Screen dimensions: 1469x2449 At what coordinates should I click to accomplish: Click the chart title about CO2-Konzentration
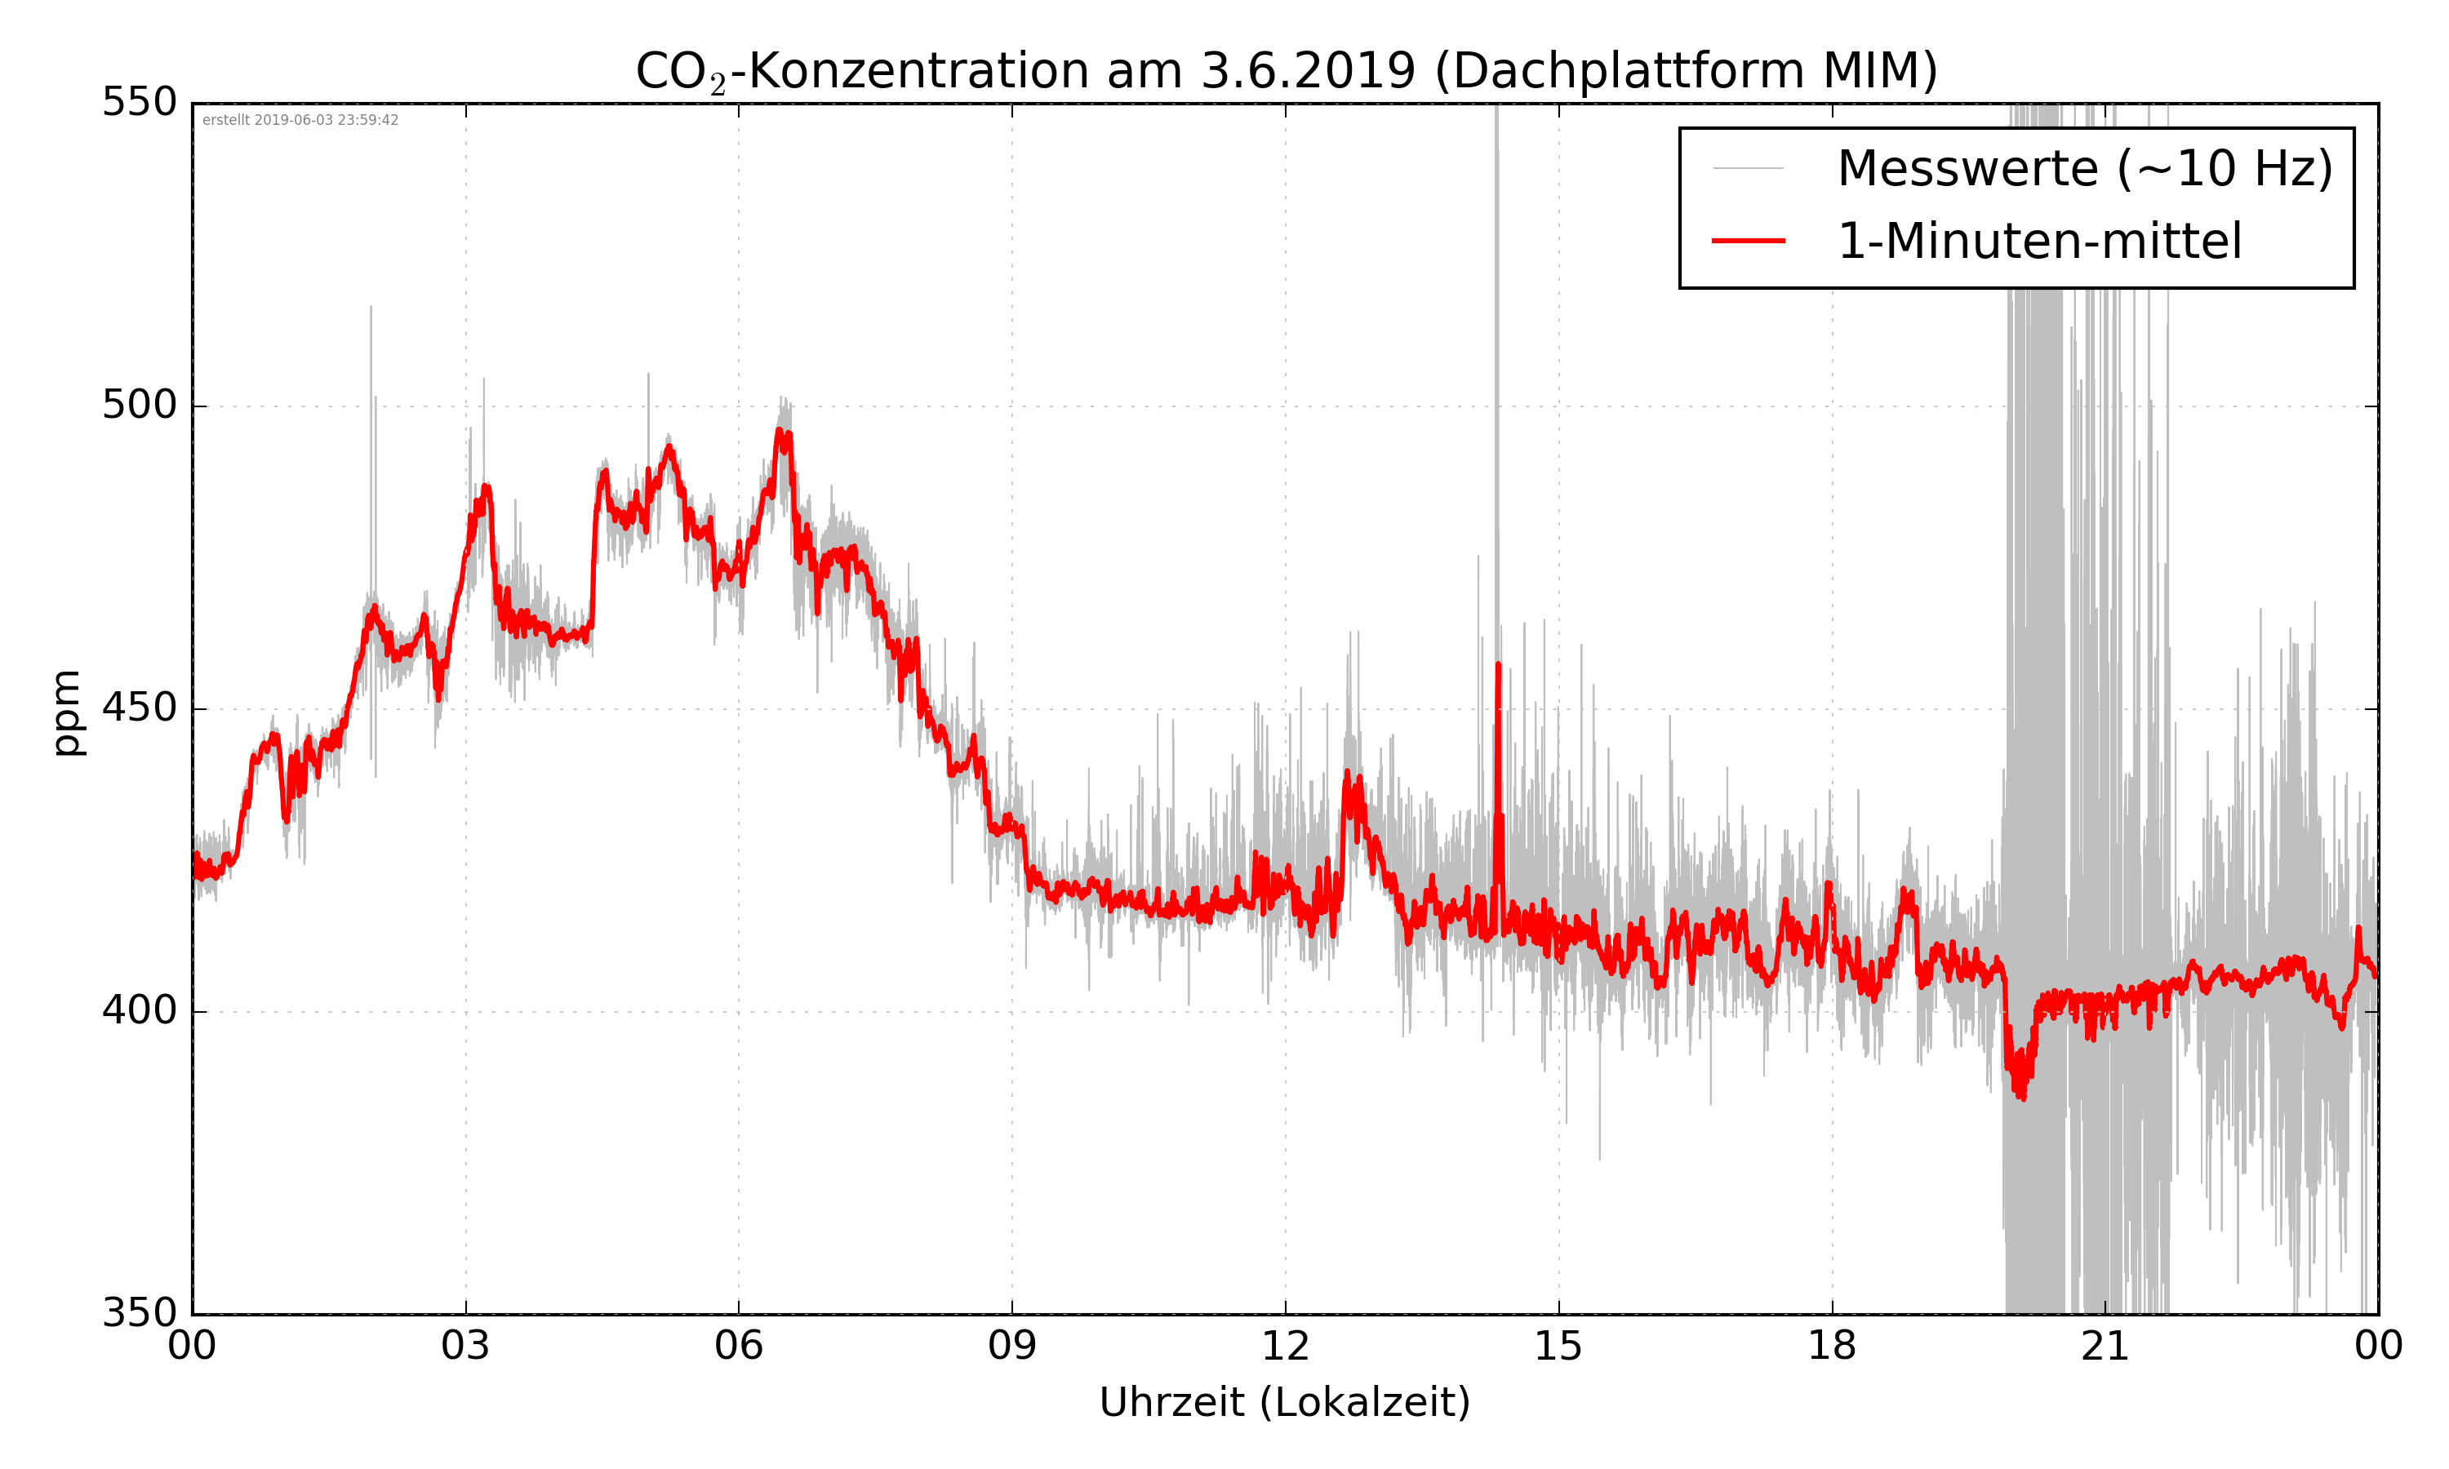click(1286, 71)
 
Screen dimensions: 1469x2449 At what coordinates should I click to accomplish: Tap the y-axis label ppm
click(66, 712)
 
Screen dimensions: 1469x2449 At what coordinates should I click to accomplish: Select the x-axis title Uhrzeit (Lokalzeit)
click(1285, 1402)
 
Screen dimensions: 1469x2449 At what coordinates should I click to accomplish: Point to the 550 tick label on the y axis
click(140, 102)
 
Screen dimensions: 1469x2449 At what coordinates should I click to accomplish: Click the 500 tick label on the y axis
click(140, 405)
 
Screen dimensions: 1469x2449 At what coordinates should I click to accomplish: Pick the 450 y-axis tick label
click(140, 708)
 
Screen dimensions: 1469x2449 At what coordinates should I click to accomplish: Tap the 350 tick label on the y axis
click(140, 1314)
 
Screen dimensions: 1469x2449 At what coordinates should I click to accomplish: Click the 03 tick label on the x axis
click(465, 1347)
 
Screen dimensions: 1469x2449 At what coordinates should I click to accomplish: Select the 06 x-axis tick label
click(739, 1347)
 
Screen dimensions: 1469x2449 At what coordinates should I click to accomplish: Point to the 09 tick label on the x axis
click(1011, 1347)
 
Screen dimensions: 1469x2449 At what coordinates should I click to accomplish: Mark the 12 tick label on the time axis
click(1285, 1347)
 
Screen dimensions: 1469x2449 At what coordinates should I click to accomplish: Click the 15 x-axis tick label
click(1558, 1347)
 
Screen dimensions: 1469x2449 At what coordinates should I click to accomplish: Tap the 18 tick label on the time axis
click(1831, 1347)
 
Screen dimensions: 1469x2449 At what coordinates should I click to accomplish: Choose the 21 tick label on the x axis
click(2105, 1347)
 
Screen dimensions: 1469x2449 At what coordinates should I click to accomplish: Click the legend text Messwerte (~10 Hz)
click(2085, 168)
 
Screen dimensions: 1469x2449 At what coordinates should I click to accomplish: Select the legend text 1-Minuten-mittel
click(2039, 242)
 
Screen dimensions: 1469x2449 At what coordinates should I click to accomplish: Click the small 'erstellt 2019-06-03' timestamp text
click(300, 120)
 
